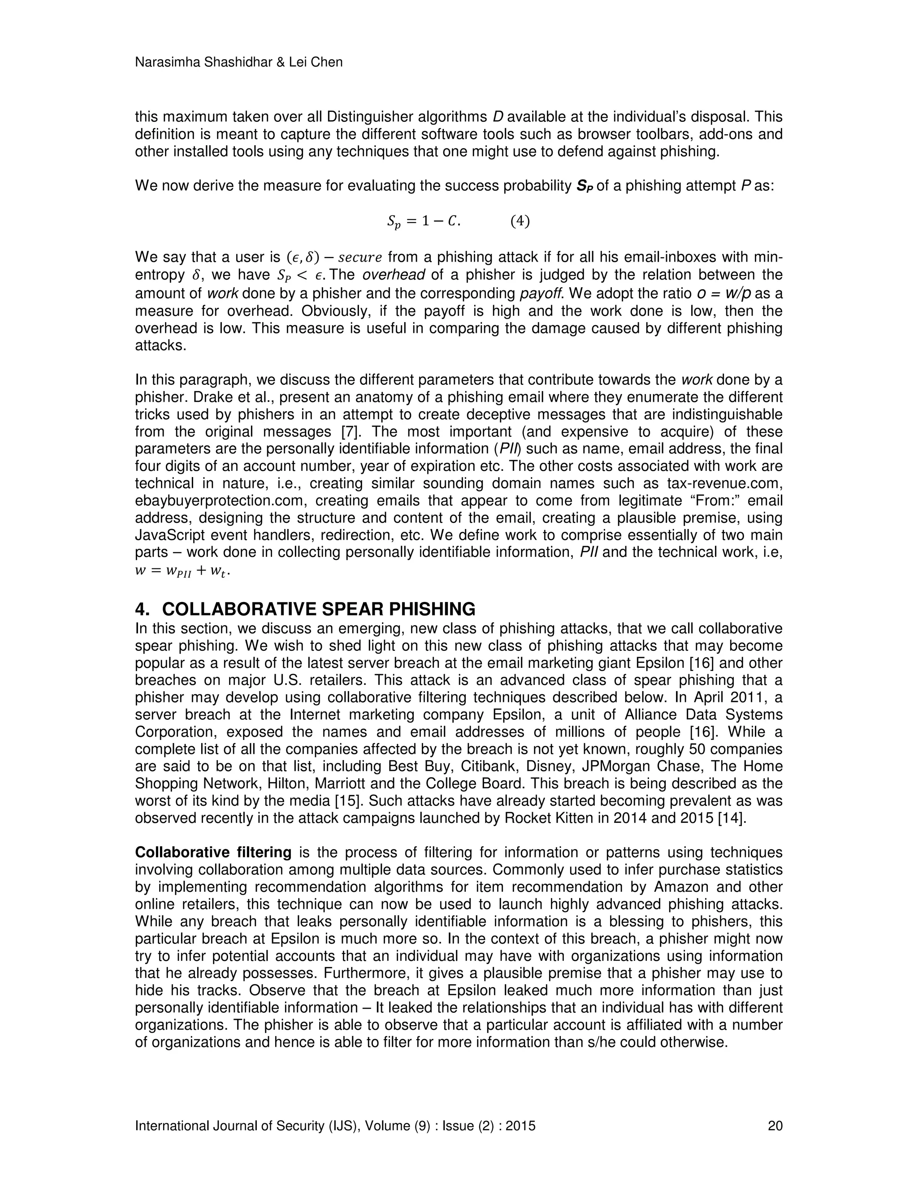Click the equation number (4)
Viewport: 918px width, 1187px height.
click(520, 221)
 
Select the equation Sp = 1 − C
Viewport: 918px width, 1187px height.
click(423, 221)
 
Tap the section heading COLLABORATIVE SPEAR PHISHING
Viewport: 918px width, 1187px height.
click(318, 608)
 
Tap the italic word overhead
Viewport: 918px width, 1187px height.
click(393, 275)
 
